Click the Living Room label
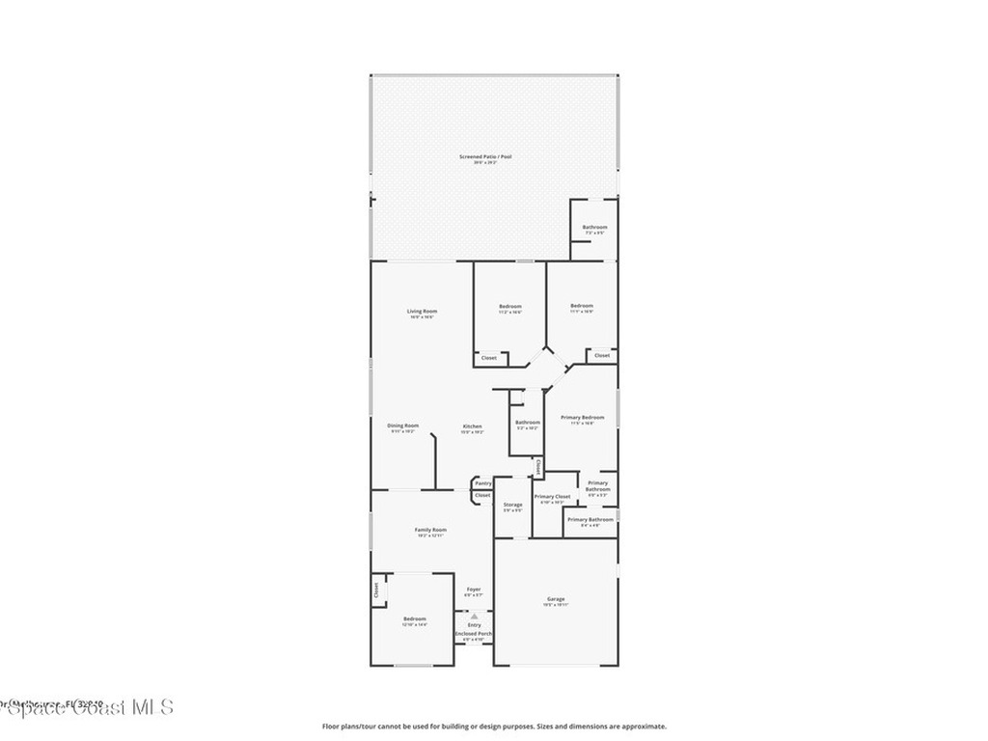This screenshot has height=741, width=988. pos(422,311)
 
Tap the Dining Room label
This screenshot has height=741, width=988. pos(403,425)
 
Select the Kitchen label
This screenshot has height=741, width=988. pos(472,426)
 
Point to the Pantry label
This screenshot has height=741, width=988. pos(483,482)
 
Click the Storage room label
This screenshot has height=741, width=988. pos(512,505)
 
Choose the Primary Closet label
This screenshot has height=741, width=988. pos(552,497)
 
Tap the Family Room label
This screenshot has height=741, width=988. pos(430,530)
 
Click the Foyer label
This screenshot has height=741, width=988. pos(474,589)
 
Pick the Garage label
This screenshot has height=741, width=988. pos(556,599)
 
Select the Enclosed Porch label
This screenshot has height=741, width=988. pos(474,634)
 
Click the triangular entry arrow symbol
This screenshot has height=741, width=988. pos(474,616)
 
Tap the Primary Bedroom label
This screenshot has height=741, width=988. pos(582,417)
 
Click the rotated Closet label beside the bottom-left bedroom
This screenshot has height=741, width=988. pos(376,591)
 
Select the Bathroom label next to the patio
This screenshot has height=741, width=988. pos(594,228)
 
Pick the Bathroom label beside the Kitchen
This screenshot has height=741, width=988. pos(528,422)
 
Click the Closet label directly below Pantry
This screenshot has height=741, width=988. pos(482,495)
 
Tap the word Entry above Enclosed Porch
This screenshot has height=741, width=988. pos(474,625)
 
